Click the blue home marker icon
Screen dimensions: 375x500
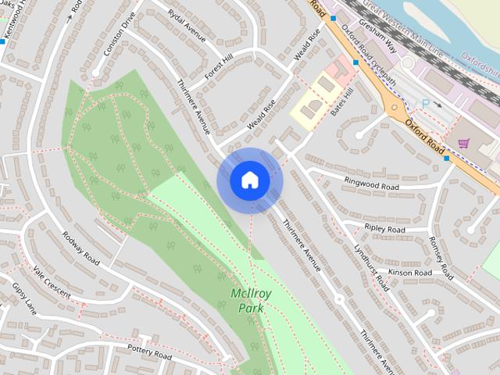[x=249, y=180]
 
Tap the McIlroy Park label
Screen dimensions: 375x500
[x=248, y=301]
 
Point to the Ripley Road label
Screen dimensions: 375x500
[x=385, y=230]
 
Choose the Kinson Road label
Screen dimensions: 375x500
[x=410, y=273]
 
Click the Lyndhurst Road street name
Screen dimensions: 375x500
[x=370, y=267]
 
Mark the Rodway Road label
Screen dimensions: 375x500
[x=81, y=248]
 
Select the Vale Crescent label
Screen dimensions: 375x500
[x=52, y=283]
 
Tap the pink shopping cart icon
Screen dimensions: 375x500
[x=464, y=144]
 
